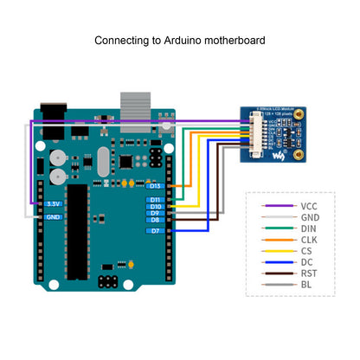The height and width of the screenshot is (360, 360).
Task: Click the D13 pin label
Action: (x=156, y=185)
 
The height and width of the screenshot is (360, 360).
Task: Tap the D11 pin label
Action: (x=156, y=200)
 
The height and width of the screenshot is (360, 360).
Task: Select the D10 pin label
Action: (x=156, y=207)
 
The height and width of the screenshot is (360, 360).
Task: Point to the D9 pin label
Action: (x=156, y=214)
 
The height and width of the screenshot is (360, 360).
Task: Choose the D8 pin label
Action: (x=156, y=221)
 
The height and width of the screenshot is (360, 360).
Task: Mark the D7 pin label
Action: (x=156, y=231)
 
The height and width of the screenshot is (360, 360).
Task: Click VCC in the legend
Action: (x=309, y=206)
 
